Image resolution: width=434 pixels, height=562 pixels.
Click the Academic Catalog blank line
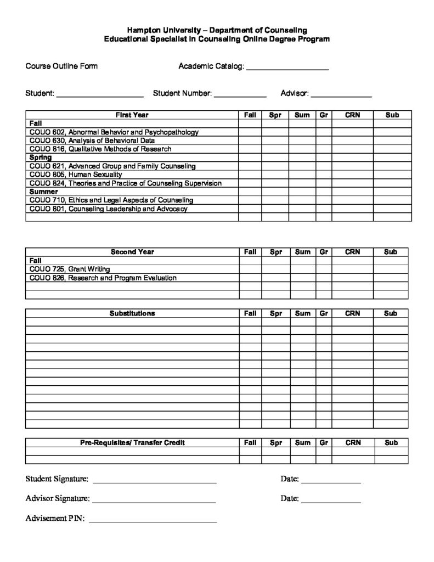point(287,68)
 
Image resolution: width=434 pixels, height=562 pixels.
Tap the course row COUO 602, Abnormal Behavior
point(114,132)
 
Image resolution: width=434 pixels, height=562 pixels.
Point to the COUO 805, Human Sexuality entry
point(76,175)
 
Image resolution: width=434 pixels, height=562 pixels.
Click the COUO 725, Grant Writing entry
point(70,269)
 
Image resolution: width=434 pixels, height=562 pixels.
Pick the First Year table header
point(132,115)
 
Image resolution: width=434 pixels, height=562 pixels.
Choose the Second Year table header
point(132,252)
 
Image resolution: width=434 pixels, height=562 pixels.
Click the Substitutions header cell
point(132,313)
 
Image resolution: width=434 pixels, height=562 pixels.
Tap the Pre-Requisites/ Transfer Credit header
point(132,442)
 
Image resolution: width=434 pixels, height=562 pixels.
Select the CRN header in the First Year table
point(352,115)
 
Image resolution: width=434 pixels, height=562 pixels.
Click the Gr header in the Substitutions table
point(324,313)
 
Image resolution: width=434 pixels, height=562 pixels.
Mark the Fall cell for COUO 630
point(250,140)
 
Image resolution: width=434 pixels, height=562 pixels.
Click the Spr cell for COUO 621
point(275,166)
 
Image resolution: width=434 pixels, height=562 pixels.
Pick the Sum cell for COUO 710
point(302,200)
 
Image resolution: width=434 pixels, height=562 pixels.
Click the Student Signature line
point(155,481)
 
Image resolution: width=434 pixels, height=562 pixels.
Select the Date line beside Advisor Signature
point(331,501)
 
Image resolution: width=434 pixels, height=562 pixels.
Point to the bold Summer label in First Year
point(43,192)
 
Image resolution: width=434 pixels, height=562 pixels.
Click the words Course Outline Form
point(61,66)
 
